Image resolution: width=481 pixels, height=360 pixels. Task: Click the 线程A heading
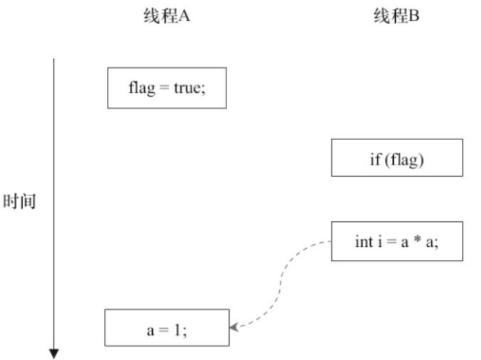click(x=167, y=16)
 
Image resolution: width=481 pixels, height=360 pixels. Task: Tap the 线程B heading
click(x=396, y=16)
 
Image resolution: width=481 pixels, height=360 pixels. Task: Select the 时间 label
click(x=19, y=201)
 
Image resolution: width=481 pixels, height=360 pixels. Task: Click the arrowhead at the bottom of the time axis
click(x=54, y=353)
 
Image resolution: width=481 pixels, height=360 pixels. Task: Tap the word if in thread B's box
click(x=375, y=159)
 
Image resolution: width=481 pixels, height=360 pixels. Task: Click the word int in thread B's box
click(x=365, y=242)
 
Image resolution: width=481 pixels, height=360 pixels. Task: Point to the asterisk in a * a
click(x=417, y=240)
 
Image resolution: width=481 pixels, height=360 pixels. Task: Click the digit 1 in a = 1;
click(x=178, y=330)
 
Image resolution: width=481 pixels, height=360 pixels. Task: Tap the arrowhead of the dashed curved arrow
click(x=234, y=327)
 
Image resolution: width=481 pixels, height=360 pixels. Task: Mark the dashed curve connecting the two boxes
click(x=280, y=284)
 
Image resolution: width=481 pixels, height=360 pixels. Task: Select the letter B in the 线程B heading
click(x=414, y=16)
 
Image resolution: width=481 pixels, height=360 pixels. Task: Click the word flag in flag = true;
click(x=142, y=88)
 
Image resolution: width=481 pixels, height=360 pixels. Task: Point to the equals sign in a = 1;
click(x=164, y=330)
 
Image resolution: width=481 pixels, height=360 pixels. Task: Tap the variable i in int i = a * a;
click(x=380, y=241)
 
